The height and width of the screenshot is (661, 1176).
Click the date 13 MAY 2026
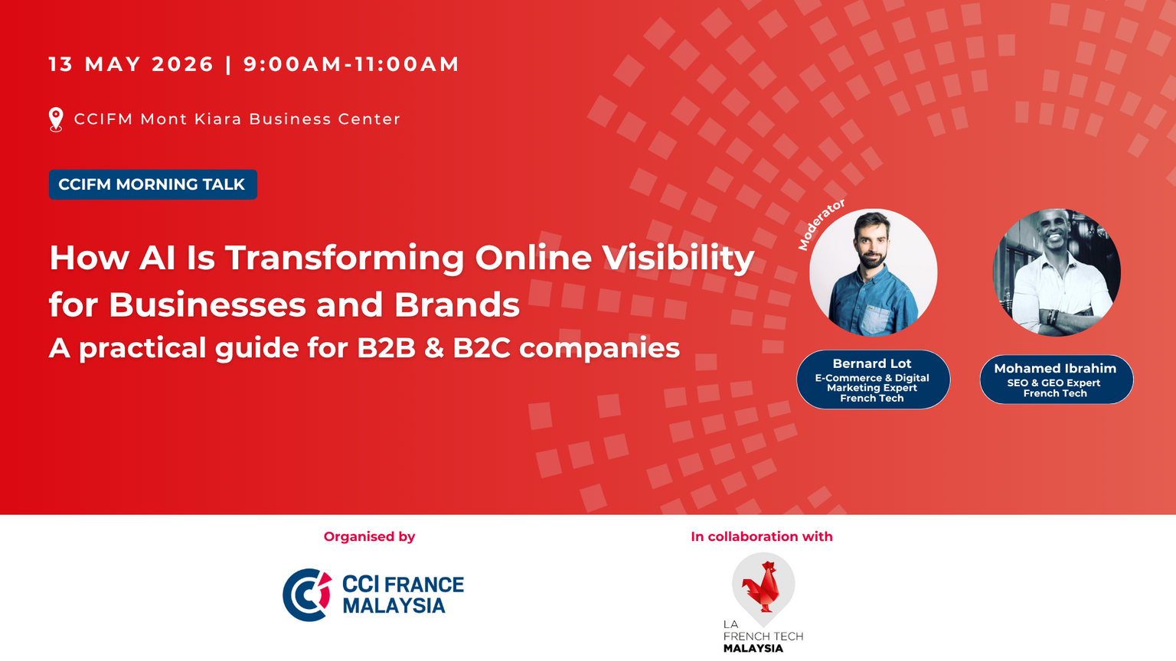pos(131,64)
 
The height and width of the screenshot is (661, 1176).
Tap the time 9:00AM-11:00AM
pos(351,64)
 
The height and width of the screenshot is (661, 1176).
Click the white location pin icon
pos(56,119)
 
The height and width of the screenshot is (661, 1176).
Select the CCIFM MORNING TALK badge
pos(153,184)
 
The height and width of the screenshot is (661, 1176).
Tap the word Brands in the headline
pos(457,304)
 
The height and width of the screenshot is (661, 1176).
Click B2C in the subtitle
pos(482,348)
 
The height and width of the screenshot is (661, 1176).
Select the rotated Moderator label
pos(821,224)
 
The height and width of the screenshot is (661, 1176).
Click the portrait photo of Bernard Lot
pos(873,272)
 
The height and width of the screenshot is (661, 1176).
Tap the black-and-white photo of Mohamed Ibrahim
pos(1057,272)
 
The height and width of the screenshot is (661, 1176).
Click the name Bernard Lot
pos(872,363)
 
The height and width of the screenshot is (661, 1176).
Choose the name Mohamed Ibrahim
pos(1055,368)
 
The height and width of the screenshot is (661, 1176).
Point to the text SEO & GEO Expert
pos(1053,383)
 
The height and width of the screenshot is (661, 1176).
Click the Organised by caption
pos(369,536)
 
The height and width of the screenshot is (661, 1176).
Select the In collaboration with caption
pos(762,536)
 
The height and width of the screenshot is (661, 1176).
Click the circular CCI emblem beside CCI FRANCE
pos(307,595)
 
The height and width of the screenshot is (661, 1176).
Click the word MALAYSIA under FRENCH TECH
pos(753,649)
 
